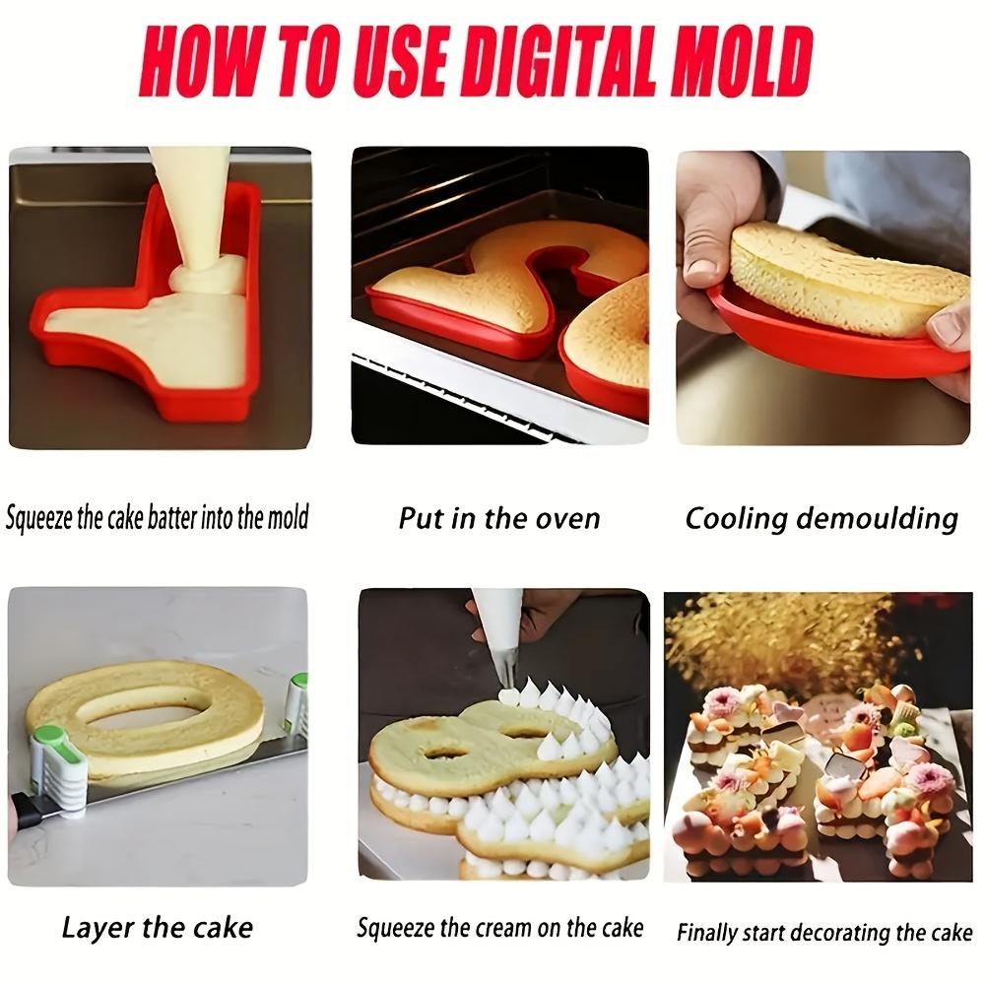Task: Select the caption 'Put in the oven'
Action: click(499, 518)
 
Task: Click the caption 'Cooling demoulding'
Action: click(821, 518)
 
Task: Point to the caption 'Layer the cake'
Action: click(157, 927)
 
